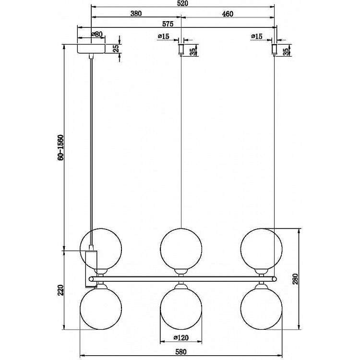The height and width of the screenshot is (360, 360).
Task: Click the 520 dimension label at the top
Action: click(182, 4)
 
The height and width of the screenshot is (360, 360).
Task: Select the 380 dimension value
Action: click(136, 13)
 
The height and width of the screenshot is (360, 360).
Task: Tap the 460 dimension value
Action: click(228, 14)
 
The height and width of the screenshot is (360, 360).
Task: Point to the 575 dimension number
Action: click(168, 24)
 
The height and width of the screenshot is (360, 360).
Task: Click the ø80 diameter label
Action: click(96, 35)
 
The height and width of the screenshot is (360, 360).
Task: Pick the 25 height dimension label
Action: click(117, 48)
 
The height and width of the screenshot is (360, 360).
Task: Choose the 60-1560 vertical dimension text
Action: click(60, 147)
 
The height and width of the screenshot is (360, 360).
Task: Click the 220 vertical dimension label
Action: click(60, 290)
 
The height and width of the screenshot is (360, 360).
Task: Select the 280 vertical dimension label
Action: click(296, 279)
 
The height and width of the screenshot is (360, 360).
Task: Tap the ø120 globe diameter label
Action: click(181, 337)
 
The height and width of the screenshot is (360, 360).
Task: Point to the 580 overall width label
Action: click(181, 351)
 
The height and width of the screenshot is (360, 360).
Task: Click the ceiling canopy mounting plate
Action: click(91, 48)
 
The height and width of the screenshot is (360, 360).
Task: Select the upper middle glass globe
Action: click(181, 249)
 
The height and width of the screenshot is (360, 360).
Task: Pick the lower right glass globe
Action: click(261, 309)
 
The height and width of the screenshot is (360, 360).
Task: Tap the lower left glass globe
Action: click(101, 309)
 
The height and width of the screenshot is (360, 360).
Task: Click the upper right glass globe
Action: click(261, 249)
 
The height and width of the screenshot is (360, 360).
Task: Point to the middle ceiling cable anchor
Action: click(181, 50)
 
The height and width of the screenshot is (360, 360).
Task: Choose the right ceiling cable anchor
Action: click(274, 50)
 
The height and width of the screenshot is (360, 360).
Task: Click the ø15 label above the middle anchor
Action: click(164, 36)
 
